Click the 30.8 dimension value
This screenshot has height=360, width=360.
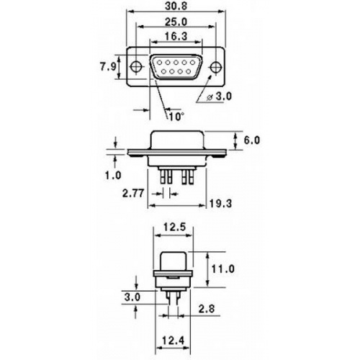click(x=176, y=6)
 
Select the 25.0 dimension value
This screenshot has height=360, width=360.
click(x=176, y=22)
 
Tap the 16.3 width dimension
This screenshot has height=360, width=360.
click(x=176, y=37)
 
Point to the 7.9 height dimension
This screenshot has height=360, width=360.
click(x=108, y=66)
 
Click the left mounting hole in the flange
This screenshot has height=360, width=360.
click(x=137, y=66)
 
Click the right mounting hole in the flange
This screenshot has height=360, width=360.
click(x=216, y=67)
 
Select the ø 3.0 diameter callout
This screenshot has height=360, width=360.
click(x=219, y=96)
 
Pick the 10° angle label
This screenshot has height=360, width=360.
click(x=176, y=117)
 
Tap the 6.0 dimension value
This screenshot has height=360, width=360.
click(x=252, y=140)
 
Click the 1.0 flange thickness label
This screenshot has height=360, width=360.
click(x=113, y=176)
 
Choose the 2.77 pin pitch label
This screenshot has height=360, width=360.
click(x=133, y=193)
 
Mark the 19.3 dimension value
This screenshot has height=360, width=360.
click(x=220, y=204)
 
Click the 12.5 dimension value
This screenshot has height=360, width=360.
click(x=174, y=227)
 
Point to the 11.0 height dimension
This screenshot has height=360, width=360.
click(x=222, y=269)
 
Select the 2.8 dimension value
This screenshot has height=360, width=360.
click(x=207, y=309)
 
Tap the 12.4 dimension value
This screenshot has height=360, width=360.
click(x=173, y=341)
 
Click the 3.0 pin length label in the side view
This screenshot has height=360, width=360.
click(x=132, y=297)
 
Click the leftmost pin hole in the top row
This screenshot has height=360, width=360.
click(x=160, y=63)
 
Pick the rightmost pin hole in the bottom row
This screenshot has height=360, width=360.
click(x=189, y=71)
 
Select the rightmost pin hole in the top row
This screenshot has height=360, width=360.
click(x=192, y=63)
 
